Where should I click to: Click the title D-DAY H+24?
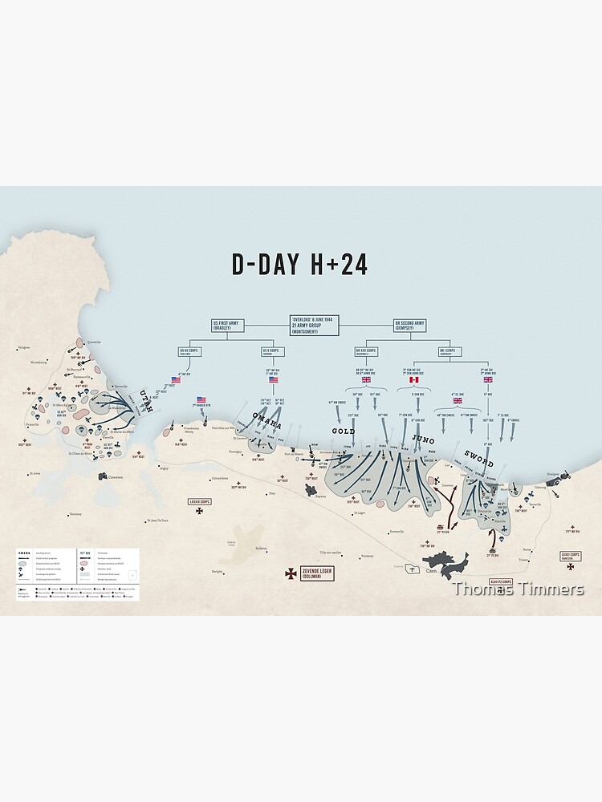coord(299,265)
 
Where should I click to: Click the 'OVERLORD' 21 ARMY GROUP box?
coord(315,325)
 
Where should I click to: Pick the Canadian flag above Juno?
coord(414,379)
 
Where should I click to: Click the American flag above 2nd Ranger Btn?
coord(201,399)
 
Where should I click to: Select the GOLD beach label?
coord(344,431)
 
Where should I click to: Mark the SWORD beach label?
coord(478,459)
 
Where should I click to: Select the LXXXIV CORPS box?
coord(198,501)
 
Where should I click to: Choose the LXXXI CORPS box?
coord(571,555)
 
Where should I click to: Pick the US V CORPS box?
coord(272,351)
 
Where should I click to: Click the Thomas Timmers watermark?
coord(518,589)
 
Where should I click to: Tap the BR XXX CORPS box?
coord(366,351)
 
